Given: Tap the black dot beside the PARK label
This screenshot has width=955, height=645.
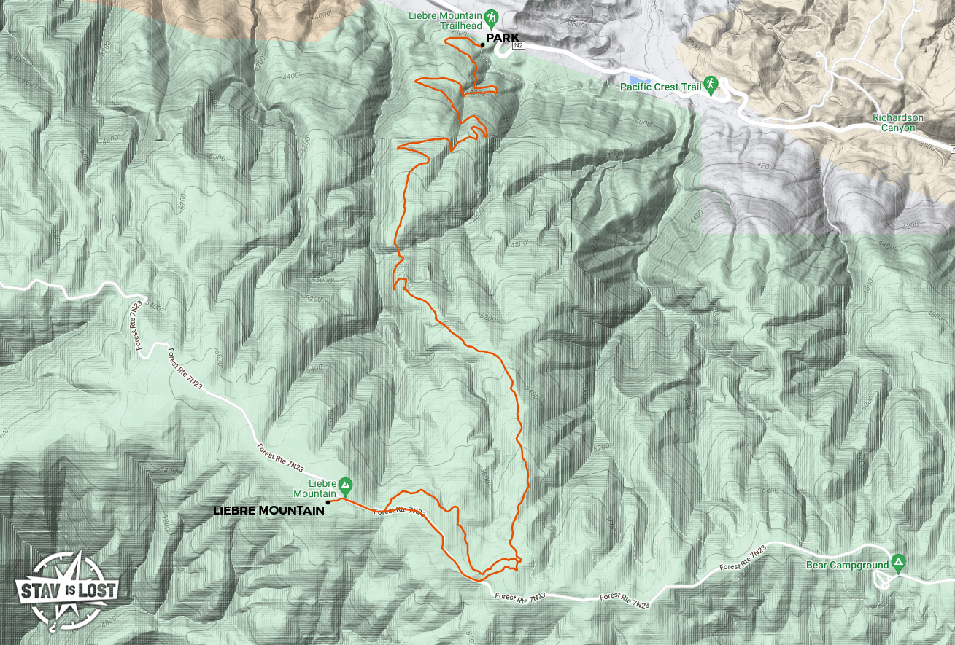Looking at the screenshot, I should [x=482, y=45].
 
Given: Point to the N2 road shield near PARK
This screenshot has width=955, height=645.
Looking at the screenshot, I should [x=519, y=45].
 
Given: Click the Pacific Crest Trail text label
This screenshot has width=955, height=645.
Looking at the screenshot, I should [x=660, y=87].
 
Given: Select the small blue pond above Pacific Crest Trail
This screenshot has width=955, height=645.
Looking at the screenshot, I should [x=637, y=78].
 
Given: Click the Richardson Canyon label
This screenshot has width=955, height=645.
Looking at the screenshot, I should [x=897, y=122].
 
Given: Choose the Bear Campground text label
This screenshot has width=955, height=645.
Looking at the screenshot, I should [x=847, y=565].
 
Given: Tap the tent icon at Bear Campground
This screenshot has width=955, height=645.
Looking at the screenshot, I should [x=899, y=563].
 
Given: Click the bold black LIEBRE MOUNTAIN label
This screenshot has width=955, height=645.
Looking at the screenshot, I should [x=268, y=511].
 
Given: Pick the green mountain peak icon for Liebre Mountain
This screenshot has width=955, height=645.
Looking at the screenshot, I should [x=345, y=484].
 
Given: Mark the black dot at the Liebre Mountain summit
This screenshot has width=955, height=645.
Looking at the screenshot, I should [x=328, y=502].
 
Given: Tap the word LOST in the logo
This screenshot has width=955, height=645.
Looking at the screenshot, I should [x=98, y=589].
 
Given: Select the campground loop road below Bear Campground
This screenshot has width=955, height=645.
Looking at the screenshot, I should [x=884, y=579].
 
